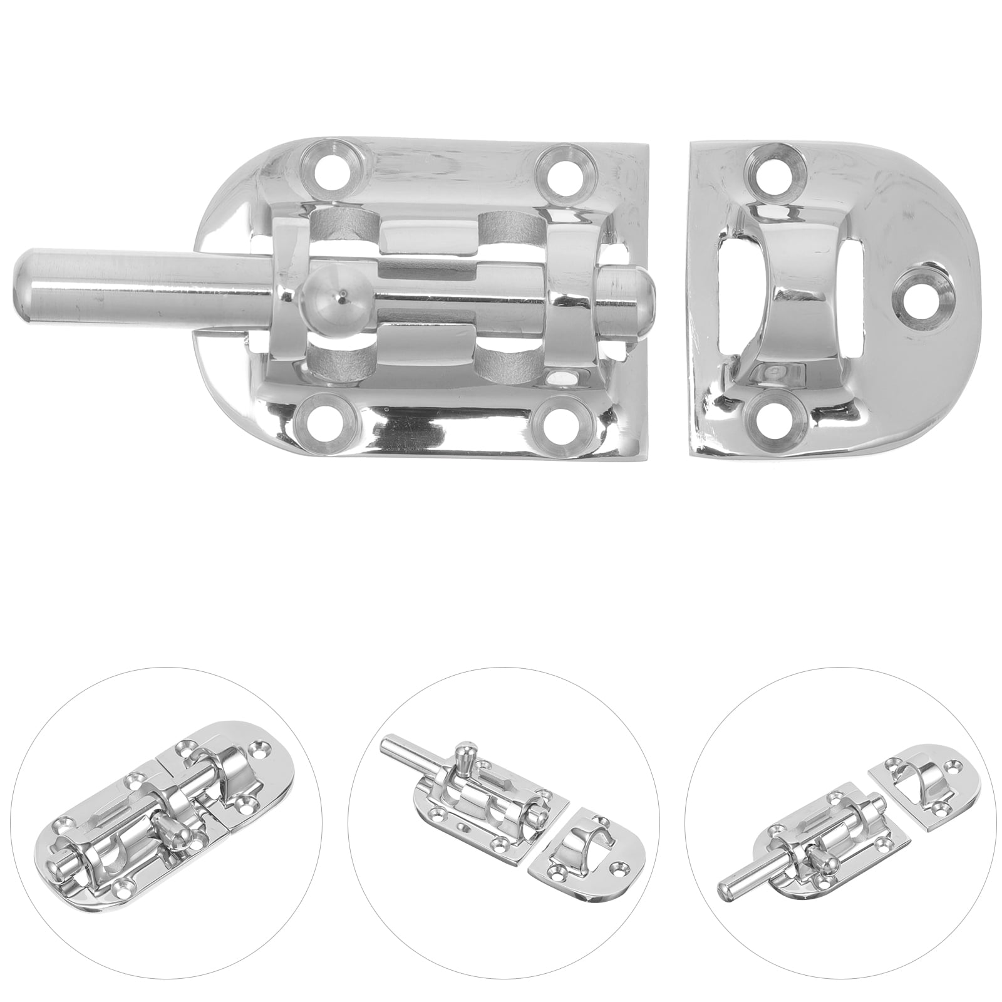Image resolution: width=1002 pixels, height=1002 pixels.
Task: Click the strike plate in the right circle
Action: tap(923, 783)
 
